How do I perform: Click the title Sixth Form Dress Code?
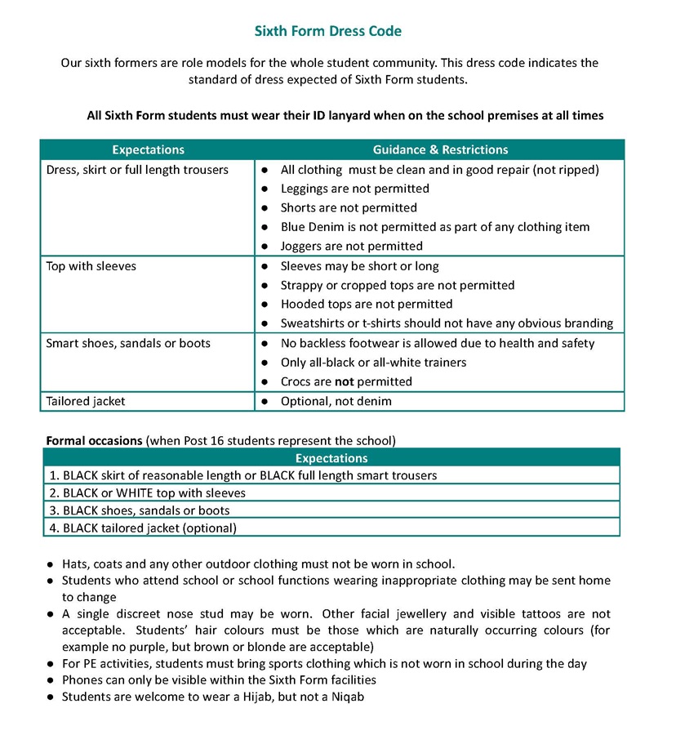[x=328, y=32]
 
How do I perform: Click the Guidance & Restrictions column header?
[x=440, y=149]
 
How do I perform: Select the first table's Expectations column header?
[x=148, y=149]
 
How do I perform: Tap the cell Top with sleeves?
[x=91, y=266]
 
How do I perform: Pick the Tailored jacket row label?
[x=86, y=401]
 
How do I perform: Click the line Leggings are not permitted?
[x=354, y=189]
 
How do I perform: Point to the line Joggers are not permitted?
[x=351, y=246]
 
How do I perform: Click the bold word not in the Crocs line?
[x=345, y=381]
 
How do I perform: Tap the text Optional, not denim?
[x=336, y=401]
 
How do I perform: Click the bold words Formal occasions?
[x=94, y=440]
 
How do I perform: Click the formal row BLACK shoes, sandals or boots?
[x=146, y=510]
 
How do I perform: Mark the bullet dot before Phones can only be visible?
[x=51, y=679]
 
